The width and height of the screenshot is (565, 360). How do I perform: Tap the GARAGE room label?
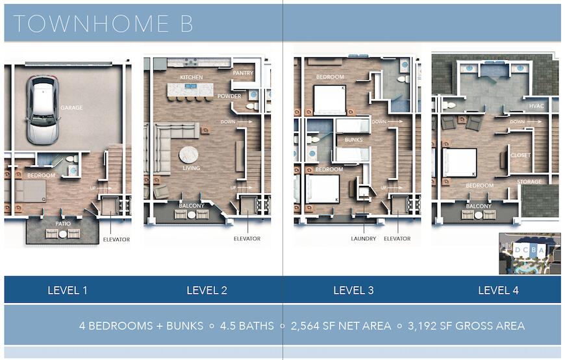coord(71,108)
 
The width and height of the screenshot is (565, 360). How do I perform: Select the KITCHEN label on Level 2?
coord(192,77)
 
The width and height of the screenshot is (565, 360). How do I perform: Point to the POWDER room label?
coord(229,96)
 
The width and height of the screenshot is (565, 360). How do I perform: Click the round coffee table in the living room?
coord(189,154)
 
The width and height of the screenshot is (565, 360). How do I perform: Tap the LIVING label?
coord(191,168)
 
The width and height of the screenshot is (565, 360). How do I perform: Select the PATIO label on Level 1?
coord(62,223)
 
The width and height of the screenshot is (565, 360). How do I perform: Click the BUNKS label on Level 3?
coord(353,140)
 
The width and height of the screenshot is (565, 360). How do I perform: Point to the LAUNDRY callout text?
coord(364,238)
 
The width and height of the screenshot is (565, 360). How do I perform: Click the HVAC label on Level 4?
coord(536,106)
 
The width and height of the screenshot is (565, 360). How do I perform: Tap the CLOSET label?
coord(521,155)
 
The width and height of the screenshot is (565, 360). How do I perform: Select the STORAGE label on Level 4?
coord(529,182)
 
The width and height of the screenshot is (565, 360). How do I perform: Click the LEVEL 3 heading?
coord(353,290)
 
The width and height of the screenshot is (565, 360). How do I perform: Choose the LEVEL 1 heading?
coord(68,290)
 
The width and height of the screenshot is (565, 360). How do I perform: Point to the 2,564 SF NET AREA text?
coord(341,326)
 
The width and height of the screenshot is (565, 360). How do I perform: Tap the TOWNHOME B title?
coord(103,23)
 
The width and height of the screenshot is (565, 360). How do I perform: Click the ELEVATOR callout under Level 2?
coord(247,238)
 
